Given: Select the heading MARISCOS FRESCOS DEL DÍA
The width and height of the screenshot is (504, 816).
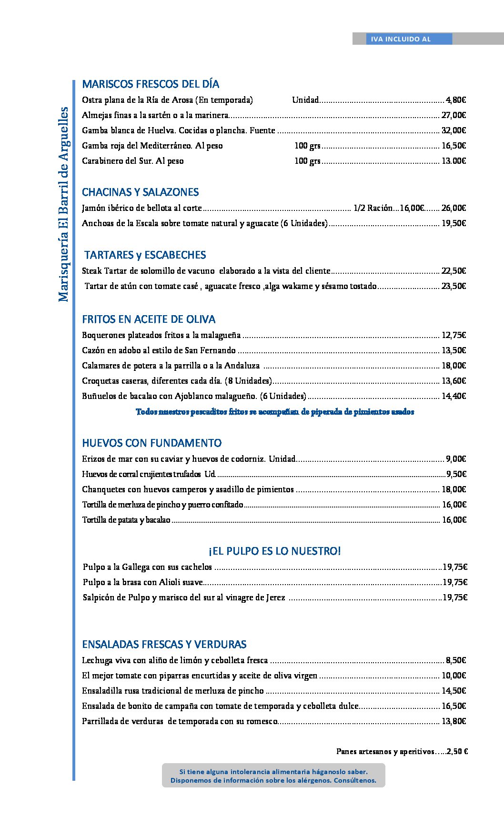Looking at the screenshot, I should click(151, 84).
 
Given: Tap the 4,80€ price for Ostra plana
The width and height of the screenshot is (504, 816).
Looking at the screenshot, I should click(455, 100).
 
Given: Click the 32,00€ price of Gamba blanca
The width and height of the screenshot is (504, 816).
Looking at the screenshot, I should click(454, 130).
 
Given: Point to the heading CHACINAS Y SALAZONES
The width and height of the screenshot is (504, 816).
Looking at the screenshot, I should click(140, 192).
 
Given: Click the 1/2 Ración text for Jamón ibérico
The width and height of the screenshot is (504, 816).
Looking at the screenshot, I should click(373, 208).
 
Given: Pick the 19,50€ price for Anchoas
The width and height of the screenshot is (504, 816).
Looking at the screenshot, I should click(454, 223).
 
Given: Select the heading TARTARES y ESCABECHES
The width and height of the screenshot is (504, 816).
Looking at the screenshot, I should click(145, 255).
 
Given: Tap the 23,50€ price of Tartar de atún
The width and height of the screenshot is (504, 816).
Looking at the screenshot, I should click(454, 286).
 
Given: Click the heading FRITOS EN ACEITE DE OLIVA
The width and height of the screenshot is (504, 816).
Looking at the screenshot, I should click(149, 319).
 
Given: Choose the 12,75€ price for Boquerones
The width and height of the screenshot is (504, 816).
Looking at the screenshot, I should click(454, 335).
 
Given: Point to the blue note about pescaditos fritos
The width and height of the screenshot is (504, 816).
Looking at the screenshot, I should click(275, 412).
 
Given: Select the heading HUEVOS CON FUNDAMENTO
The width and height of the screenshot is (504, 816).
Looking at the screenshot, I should click(151, 443).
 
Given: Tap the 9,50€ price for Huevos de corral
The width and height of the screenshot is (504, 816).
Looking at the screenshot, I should click(456, 474).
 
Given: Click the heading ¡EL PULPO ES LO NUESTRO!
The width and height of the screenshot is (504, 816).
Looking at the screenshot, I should click(274, 551).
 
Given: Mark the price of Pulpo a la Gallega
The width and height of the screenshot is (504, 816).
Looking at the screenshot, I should click(454, 567).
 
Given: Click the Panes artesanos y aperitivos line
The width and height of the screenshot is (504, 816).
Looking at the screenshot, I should click(402, 752).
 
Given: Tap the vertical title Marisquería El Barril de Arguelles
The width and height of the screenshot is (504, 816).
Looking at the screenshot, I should click(63, 205).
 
